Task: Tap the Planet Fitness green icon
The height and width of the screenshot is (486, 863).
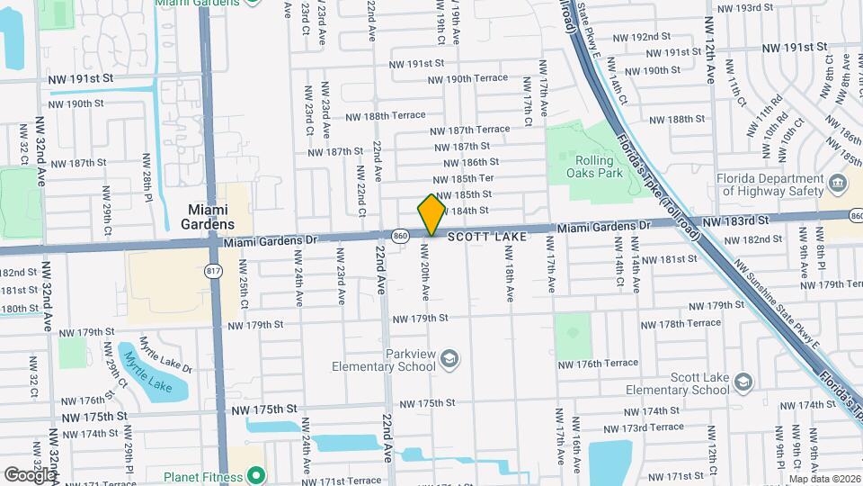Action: [256, 475]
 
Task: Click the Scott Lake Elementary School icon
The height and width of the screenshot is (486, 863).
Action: [743, 383]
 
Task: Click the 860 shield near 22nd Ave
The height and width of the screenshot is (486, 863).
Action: [401, 236]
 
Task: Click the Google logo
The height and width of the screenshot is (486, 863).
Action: [29, 474]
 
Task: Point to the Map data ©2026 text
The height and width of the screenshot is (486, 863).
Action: [823, 479]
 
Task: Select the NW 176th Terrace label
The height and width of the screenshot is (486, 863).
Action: [601, 364]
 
